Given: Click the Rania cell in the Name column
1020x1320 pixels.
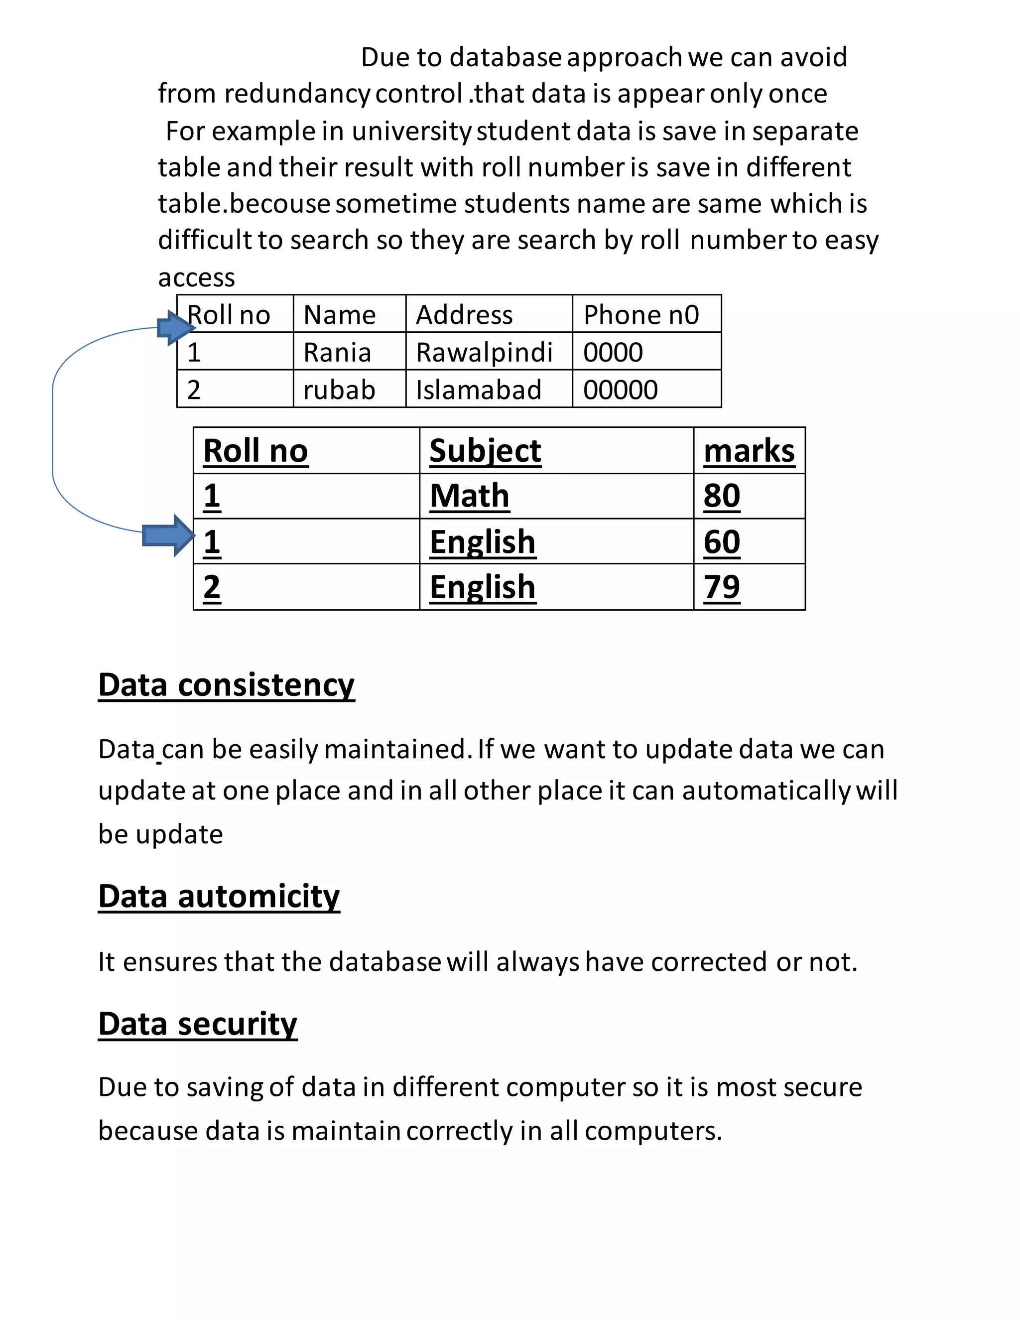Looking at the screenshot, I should pyautogui.click(x=337, y=352).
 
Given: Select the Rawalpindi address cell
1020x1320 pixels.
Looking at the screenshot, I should pyautogui.click(x=484, y=352).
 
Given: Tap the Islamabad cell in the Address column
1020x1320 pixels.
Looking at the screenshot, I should pyautogui.click(x=478, y=390).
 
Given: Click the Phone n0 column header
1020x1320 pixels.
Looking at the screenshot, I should pyautogui.click(x=640, y=315).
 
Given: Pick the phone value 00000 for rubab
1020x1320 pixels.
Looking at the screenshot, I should pyautogui.click(x=620, y=390).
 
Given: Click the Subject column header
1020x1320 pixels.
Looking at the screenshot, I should pyautogui.click(x=485, y=451).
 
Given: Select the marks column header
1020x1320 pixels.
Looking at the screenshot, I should pyautogui.click(x=749, y=451).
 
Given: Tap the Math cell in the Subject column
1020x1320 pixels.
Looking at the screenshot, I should pyautogui.click(x=470, y=496).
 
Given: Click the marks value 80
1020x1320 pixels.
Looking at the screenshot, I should pyautogui.click(x=722, y=496).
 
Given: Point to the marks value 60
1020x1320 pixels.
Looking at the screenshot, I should pyautogui.click(x=722, y=541).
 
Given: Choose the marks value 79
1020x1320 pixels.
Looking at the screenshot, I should pyautogui.click(x=722, y=587).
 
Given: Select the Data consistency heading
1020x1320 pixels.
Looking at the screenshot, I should pyautogui.click(x=226, y=685).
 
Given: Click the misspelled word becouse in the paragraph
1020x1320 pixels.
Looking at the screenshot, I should pyautogui.click(x=280, y=204).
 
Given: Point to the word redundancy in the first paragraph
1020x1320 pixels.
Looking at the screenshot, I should pyautogui.click(x=297, y=94).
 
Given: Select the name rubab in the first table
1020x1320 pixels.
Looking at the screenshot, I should pyautogui.click(x=339, y=390).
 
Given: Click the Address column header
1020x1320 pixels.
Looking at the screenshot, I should pyautogui.click(x=464, y=315).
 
